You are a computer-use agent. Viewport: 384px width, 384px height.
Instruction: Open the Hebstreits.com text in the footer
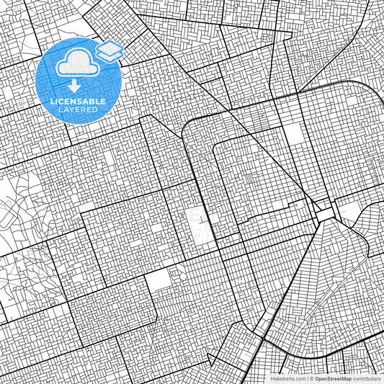point(288,378)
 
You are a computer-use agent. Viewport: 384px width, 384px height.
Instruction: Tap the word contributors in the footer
point(367,378)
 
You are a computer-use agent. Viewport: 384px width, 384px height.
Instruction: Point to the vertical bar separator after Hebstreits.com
point(307,378)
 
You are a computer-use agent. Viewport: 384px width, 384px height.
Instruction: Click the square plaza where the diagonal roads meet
point(321,214)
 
